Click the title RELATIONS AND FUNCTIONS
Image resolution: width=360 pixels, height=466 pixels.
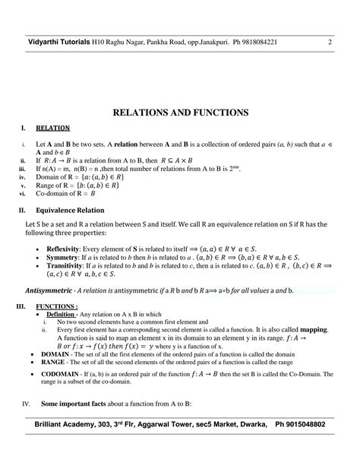pyautogui.click(x=180, y=112)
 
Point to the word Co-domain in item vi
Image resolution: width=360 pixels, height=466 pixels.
pyautogui.click(x=46, y=193)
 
